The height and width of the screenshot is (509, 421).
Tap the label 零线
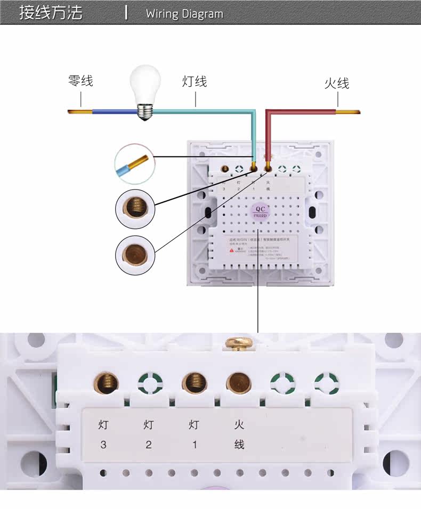[80, 81]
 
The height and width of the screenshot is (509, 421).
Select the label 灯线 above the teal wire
[195, 81]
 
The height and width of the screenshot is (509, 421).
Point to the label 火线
[337, 83]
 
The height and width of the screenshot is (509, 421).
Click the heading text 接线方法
[51, 13]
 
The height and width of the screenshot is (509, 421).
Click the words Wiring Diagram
[184, 14]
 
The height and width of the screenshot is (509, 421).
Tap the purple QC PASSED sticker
[261, 211]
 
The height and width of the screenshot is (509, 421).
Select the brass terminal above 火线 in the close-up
[239, 382]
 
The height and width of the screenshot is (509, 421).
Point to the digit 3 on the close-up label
[103, 445]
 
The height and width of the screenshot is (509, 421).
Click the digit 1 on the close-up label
[195, 445]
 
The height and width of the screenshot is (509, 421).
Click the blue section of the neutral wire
[113, 112]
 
